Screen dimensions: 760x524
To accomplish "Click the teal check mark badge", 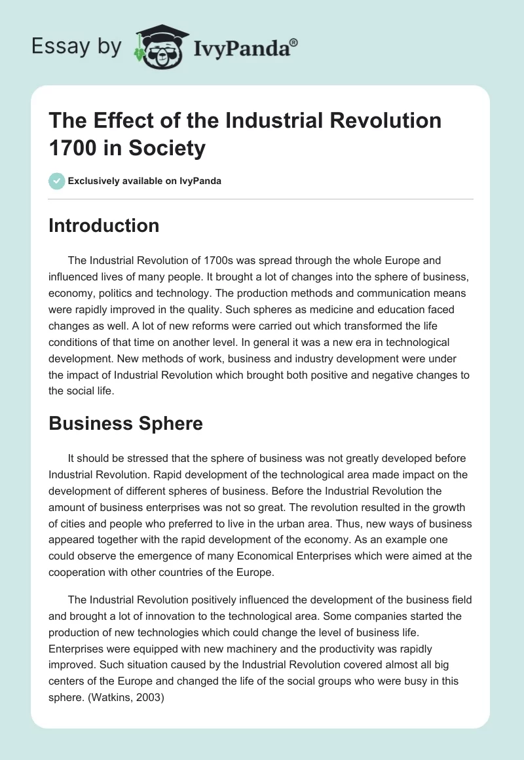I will coord(57,181).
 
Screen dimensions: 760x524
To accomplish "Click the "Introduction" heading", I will coord(104,225).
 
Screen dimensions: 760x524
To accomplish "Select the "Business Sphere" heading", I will coord(126,423).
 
